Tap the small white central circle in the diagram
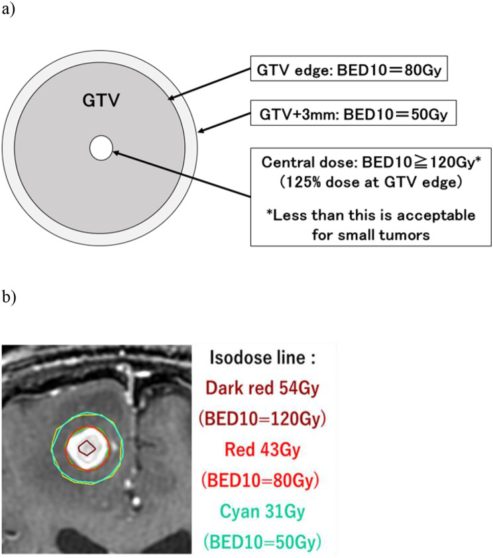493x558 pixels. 101,147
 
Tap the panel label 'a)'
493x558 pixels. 9,11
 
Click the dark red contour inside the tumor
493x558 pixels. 87,449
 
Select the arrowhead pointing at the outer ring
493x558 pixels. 201,131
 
